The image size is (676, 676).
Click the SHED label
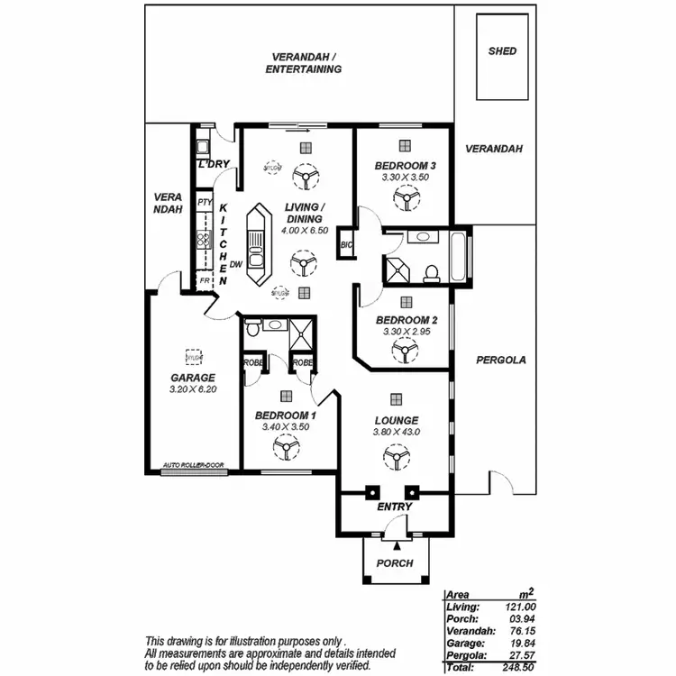502,51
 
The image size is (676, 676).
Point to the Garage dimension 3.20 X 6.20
193,389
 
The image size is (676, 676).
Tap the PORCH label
395,563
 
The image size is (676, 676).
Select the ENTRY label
395,507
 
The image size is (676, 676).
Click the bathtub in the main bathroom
459,257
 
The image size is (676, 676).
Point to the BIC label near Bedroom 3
346,244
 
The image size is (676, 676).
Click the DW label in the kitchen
235,264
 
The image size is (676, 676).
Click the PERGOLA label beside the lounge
500,360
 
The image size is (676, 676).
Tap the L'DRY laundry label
215,164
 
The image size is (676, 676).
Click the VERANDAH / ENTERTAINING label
304,63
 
